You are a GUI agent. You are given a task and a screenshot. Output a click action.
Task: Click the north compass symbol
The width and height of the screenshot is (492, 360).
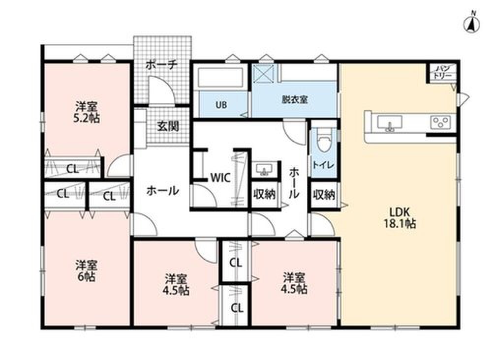click(x=472, y=23)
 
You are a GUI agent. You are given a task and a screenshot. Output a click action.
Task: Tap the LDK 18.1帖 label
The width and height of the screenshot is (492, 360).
click(x=400, y=218)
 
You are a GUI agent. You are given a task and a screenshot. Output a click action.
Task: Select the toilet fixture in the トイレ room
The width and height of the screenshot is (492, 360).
click(x=323, y=143)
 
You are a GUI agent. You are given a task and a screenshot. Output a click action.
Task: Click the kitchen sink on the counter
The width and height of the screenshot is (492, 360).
click(x=389, y=122)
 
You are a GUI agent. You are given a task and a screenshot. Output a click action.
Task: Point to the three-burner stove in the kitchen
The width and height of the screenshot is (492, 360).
click(x=440, y=121)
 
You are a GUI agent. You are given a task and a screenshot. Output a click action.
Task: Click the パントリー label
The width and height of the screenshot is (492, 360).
click(x=442, y=72)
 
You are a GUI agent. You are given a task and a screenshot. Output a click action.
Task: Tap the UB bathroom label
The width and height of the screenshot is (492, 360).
click(x=221, y=105)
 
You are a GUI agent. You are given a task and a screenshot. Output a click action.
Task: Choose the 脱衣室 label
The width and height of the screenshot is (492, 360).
click(x=295, y=100)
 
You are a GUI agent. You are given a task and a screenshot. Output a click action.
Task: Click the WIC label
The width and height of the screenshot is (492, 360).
click(x=220, y=178)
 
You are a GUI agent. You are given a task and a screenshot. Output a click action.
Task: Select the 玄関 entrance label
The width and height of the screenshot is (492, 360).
click(x=168, y=126)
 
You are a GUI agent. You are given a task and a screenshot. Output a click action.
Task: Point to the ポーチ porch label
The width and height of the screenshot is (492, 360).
click(x=162, y=65)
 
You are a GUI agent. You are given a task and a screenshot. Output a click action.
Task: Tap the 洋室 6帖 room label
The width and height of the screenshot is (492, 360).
click(x=86, y=271)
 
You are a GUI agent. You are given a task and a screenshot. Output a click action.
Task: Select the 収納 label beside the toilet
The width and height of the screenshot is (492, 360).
click(x=324, y=195)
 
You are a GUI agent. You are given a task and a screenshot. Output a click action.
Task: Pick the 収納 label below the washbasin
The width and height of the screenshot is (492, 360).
click(x=265, y=194)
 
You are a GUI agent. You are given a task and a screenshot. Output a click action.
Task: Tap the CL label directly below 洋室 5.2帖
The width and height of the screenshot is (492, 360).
click(x=72, y=169)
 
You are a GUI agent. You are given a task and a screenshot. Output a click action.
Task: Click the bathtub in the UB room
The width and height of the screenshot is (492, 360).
click(x=221, y=77)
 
